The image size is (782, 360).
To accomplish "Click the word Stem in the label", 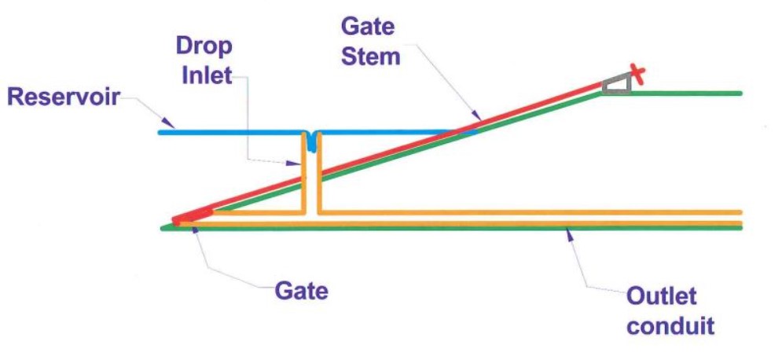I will click(x=370, y=56).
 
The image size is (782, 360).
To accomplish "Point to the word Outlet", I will click(x=662, y=298).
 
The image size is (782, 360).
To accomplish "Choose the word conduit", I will click(x=670, y=324).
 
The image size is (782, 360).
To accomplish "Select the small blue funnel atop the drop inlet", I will click(x=311, y=141).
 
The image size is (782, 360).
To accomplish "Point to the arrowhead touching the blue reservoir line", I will click(x=168, y=125).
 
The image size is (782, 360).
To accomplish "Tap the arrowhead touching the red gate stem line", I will click(x=472, y=119).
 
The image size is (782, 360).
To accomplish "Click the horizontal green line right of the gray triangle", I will click(x=684, y=93).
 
